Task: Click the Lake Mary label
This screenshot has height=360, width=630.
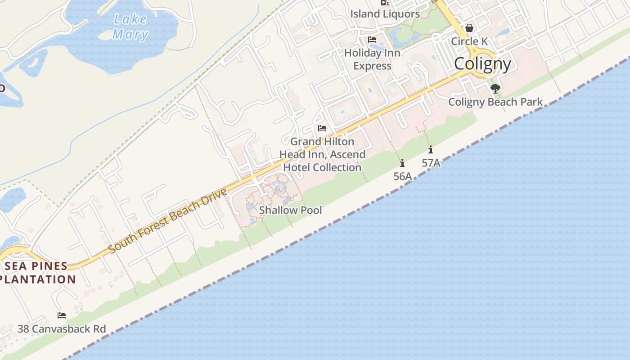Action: (x=130, y=27)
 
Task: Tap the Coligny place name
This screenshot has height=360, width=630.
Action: (x=482, y=64)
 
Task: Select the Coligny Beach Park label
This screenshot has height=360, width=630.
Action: (x=495, y=102)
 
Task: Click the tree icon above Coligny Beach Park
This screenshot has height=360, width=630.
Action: (x=495, y=89)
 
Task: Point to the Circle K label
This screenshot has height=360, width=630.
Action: (x=469, y=41)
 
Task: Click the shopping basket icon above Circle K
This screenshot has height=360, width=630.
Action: (x=469, y=28)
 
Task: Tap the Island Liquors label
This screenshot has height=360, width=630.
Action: (x=385, y=14)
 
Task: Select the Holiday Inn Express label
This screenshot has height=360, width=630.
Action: (x=372, y=59)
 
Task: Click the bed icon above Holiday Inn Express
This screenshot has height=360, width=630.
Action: (x=372, y=40)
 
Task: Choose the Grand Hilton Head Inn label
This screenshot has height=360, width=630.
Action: (x=322, y=154)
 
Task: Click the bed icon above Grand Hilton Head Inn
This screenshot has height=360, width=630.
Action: (x=322, y=128)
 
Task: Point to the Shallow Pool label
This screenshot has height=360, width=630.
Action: (x=290, y=210)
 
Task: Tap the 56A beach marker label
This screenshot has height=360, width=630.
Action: (x=403, y=176)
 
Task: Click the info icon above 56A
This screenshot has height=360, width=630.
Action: (x=402, y=163)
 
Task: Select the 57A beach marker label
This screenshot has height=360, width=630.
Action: (x=431, y=163)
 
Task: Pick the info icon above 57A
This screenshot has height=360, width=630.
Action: (x=431, y=149)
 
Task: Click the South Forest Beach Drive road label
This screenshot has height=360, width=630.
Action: (x=168, y=220)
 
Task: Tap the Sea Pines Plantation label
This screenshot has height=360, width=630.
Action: (x=38, y=273)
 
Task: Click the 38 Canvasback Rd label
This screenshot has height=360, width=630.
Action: (x=62, y=329)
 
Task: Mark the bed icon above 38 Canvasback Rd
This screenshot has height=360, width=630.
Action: (x=62, y=315)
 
